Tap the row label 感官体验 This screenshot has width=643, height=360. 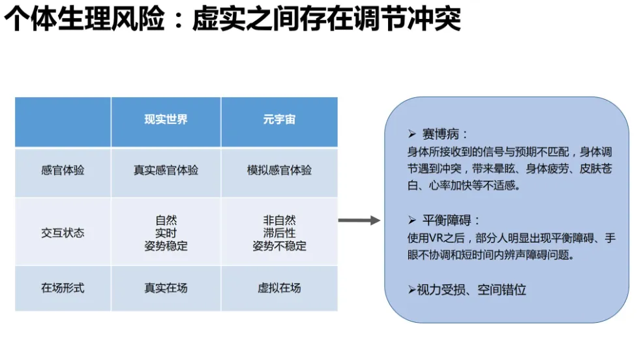click(x=63, y=170)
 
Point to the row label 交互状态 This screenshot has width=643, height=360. click(x=63, y=233)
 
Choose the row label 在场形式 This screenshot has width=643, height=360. click(x=63, y=287)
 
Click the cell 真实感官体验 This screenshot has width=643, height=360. click(x=166, y=170)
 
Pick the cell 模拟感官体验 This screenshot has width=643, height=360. click(x=279, y=170)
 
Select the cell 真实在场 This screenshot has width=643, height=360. click(x=166, y=287)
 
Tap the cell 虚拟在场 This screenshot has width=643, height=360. click(x=279, y=287)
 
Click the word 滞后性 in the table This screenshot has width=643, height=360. click(x=279, y=233)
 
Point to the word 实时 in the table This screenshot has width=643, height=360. click(x=166, y=233)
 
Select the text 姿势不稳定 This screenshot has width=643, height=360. click(x=279, y=246)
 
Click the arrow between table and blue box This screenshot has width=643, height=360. click(x=359, y=220)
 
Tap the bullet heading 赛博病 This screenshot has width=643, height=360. click(x=445, y=134)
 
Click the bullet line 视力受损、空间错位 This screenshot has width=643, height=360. click(x=471, y=290)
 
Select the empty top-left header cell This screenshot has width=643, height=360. click(x=63, y=121)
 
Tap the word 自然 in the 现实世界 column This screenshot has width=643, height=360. click(x=166, y=220)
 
